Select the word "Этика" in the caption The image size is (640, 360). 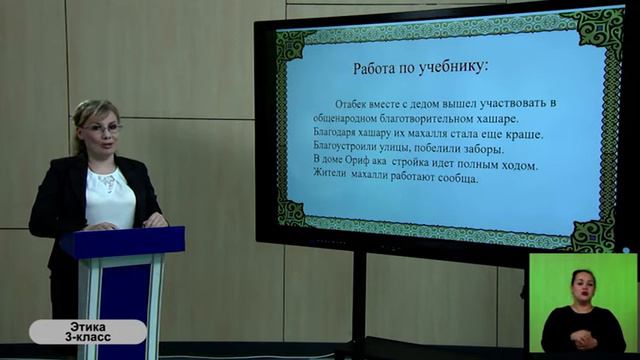88,326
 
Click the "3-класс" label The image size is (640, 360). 88,338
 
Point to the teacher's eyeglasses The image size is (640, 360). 102,128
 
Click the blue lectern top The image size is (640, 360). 122,241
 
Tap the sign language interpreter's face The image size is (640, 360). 582,282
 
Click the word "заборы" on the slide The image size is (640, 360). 481,149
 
